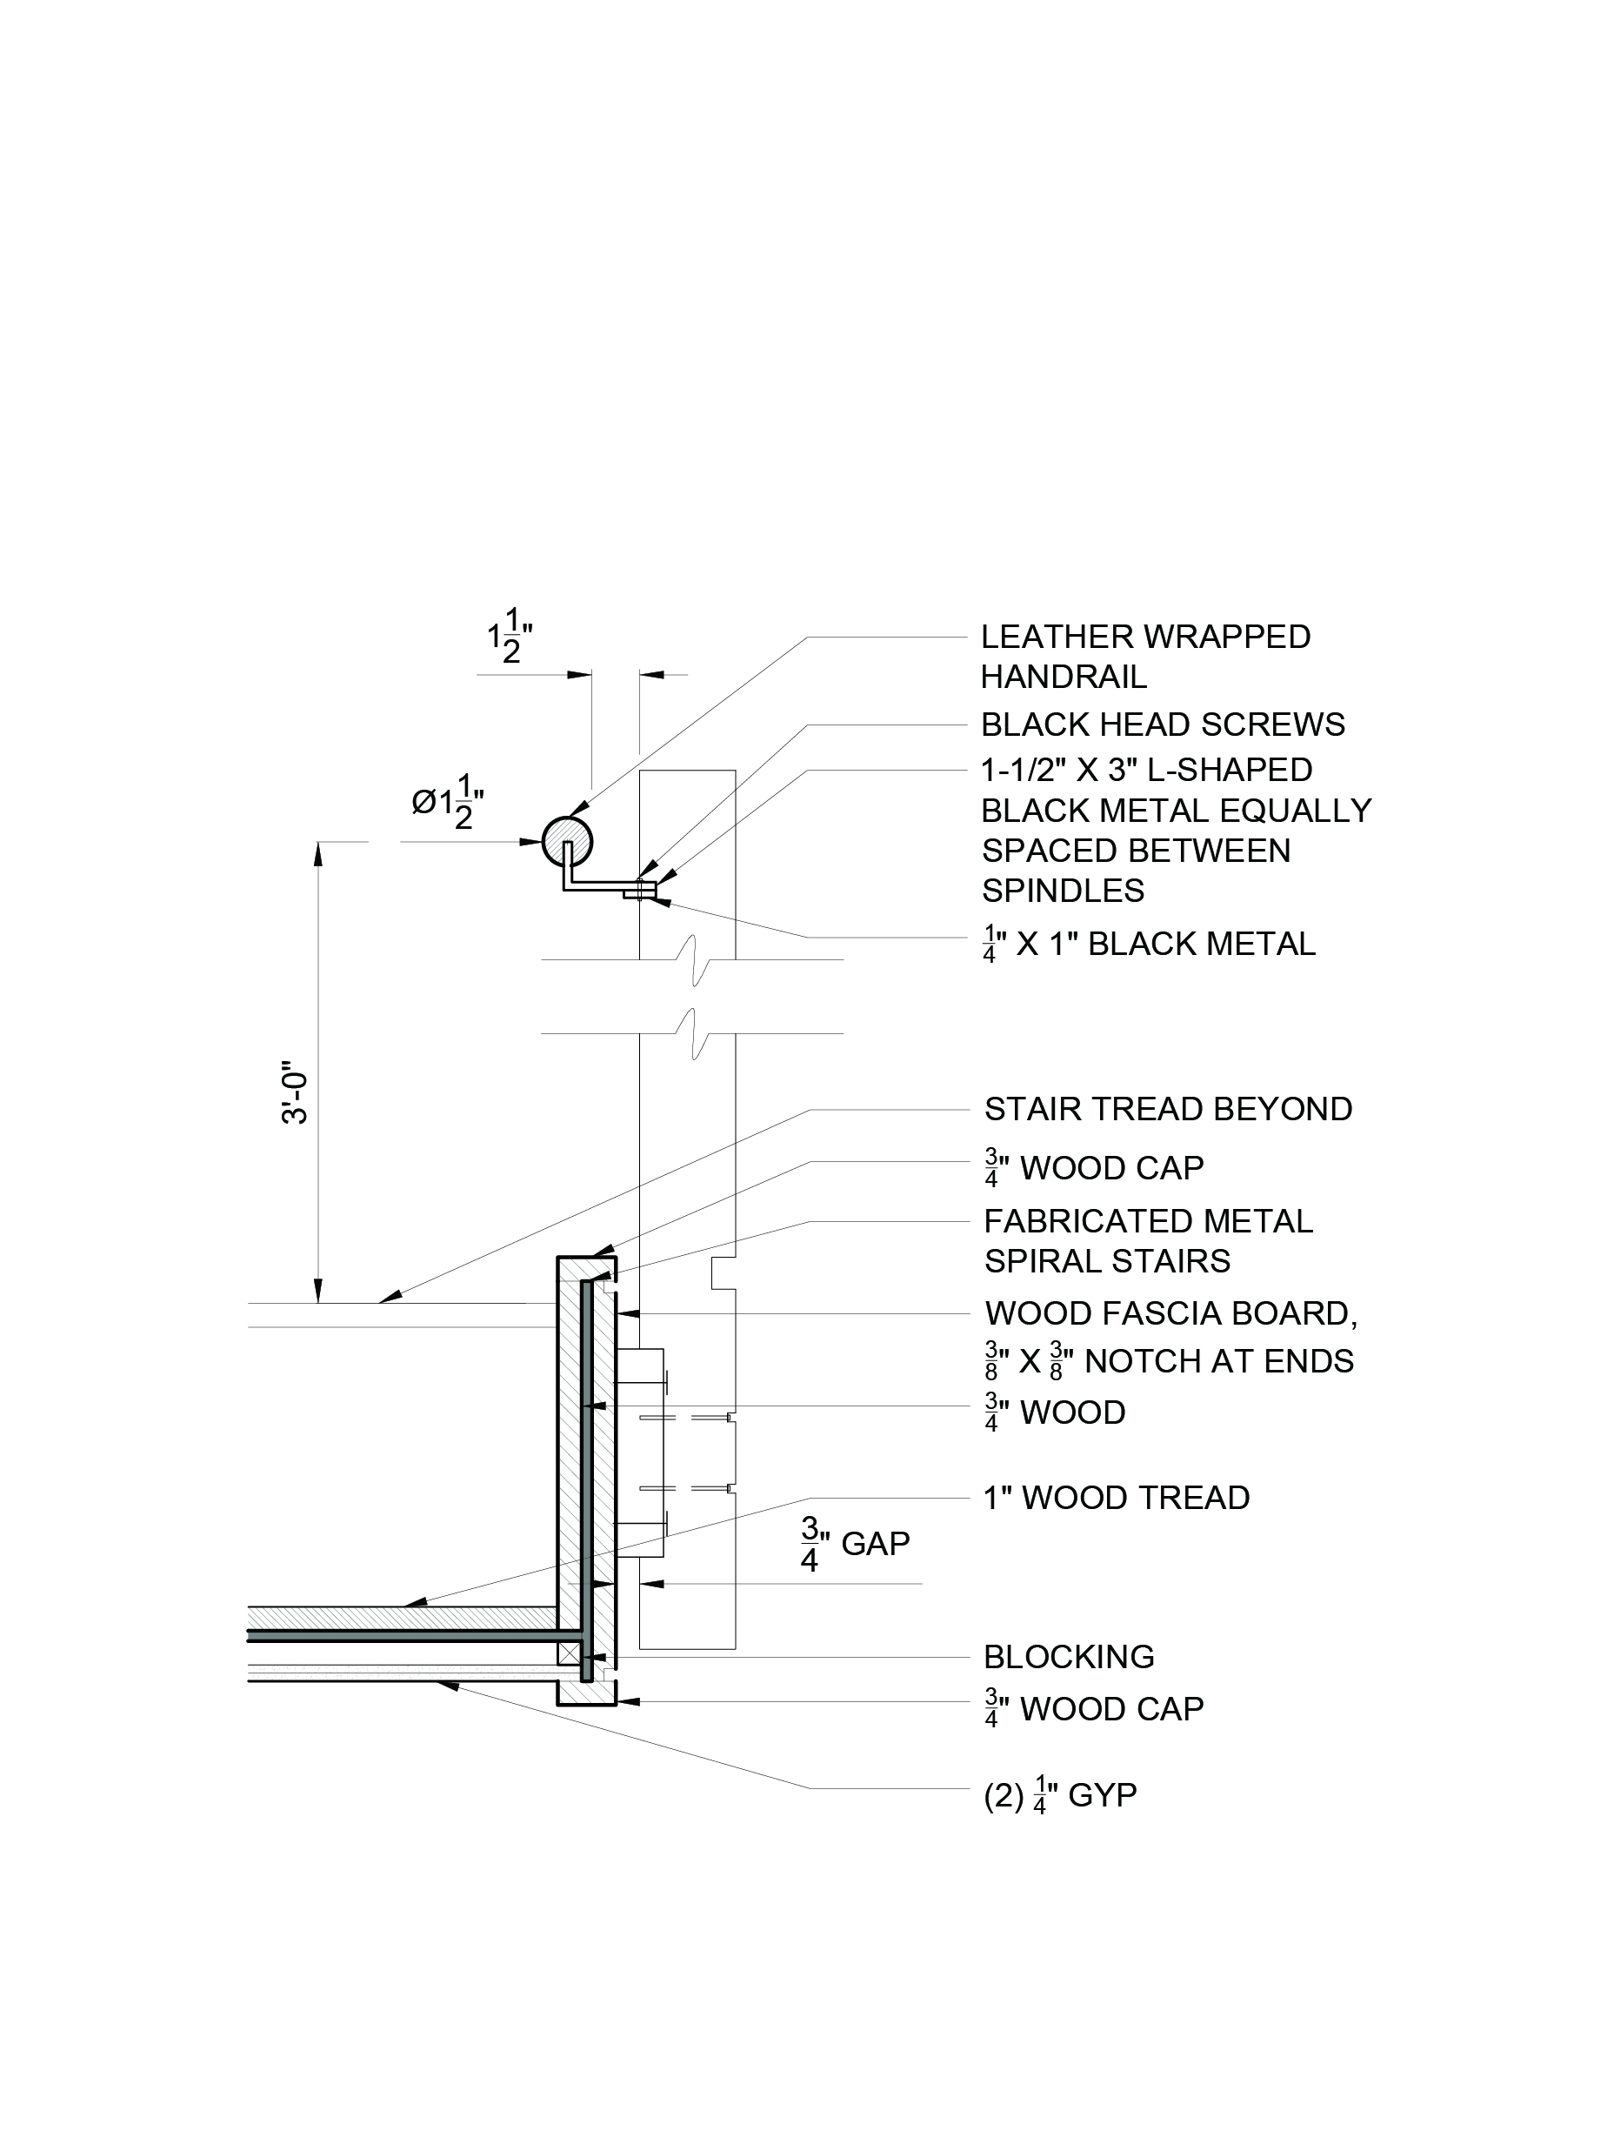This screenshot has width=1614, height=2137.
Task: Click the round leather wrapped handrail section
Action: click(x=566, y=840)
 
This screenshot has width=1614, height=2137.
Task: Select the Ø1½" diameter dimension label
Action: click(x=447, y=801)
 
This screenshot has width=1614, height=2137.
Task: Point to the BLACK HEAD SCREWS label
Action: click(x=1162, y=725)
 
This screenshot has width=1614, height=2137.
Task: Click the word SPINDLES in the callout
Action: click(x=1063, y=890)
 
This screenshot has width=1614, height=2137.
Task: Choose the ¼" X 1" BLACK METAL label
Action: click(x=1149, y=944)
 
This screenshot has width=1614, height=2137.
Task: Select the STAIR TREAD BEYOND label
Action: click(x=1168, y=1109)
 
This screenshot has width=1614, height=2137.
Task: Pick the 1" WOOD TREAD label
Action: click(x=1116, y=1498)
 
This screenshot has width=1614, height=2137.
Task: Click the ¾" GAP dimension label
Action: click(x=855, y=1544)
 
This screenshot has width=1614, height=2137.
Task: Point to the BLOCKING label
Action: click(x=1068, y=1657)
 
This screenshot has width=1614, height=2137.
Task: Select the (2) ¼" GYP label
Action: click(x=1059, y=1795)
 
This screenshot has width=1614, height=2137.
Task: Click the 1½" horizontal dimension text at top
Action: click(x=510, y=636)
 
